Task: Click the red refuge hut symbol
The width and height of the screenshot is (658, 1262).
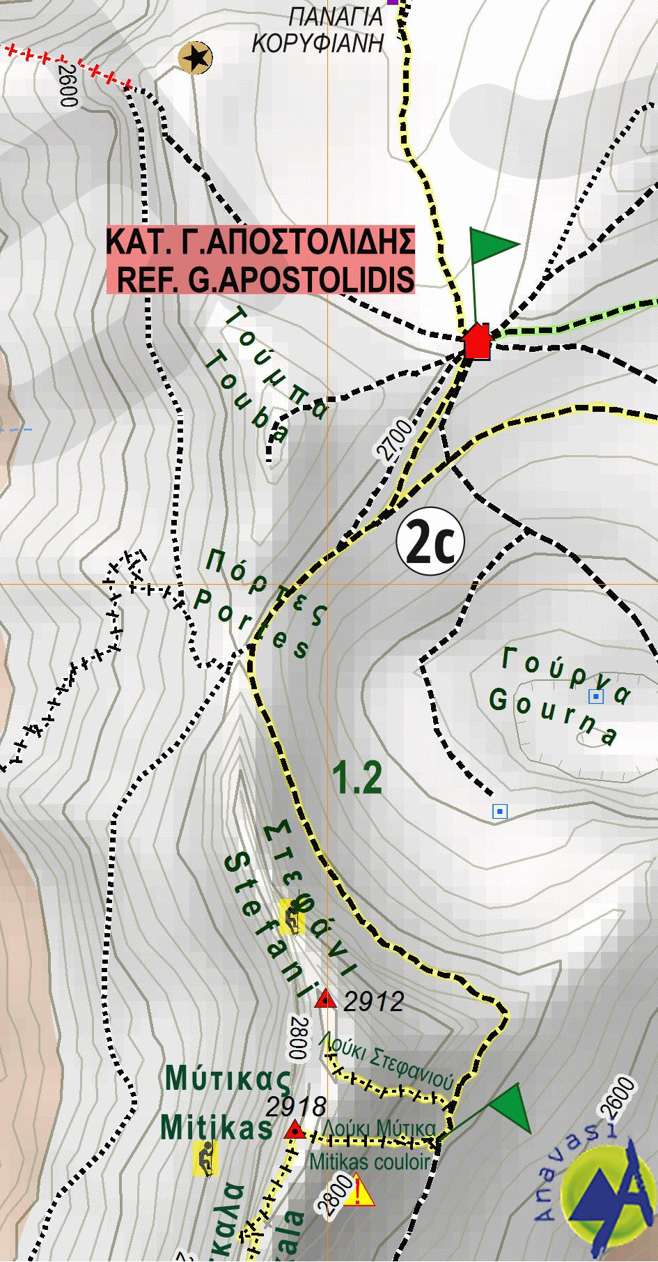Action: (x=477, y=341)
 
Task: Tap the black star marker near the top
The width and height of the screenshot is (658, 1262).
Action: (x=195, y=56)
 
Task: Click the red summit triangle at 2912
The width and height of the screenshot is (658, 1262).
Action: (x=325, y=1000)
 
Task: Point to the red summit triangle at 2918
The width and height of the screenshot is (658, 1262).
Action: (x=295, y=1129)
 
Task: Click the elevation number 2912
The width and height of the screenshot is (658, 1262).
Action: (x=374, y=1001)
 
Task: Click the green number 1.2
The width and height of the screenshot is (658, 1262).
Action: (x=357, y=778)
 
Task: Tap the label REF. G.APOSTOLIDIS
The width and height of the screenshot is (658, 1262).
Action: (x=265, y=279)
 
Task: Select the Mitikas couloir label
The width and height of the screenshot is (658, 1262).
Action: (x=370, y=1162)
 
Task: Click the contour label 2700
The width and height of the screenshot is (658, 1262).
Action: (x=395, y=440)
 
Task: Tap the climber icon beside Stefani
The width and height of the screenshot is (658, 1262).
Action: (x=292, y=916)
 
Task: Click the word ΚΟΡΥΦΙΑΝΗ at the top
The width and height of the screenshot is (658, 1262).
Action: (x=318, y=43)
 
